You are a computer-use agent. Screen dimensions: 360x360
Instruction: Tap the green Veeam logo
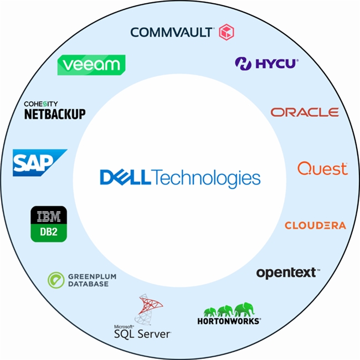coord(91,65)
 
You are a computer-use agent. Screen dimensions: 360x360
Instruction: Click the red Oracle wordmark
coord(305,112)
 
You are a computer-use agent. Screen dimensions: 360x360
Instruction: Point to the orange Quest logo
coord(322,168)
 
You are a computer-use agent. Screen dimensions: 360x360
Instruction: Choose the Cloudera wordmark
coord(315,225)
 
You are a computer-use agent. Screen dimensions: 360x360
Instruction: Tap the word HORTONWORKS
coord(229,321)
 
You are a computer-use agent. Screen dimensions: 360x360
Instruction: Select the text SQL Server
coord(142,334)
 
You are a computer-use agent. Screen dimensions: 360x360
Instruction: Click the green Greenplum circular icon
coord(56,279)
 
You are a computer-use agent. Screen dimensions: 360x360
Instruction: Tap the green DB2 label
coord(49,233)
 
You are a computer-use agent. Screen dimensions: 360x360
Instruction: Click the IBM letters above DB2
coord(49,215)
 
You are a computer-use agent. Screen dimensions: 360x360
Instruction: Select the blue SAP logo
coord(38,162)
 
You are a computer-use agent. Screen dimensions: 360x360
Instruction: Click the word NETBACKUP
coord(55,114)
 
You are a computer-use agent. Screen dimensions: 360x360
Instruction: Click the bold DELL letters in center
coord(125,178)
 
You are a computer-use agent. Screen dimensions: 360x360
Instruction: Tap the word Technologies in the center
coord(205,178)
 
